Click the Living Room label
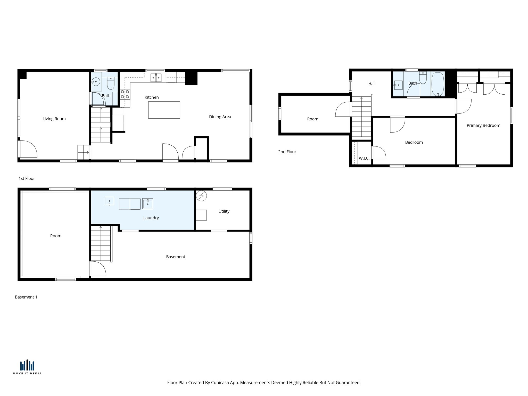pyautogui.click(x=54, y=119)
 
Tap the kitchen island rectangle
pyautogui.click(x=164, y=110)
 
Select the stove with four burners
pyautogui.click(x=125, y=94)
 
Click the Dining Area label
pyautogui.click(x=220, y=117)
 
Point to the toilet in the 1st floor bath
pyautogui.click(x=111, y=83)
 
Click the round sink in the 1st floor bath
pyautogui.click(x=96, y=82)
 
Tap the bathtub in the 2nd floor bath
pyautogui.click(x=438, y=84)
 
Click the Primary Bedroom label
pyautogui.click(x=483, y=126)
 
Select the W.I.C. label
pyautogui.click(x=364, y=158)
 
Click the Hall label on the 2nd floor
pyautogui.click(x=372, y=84)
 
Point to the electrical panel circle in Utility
pyautogui.click(x=201, y=196)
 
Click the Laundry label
pyautogui.click(x=151, y=218)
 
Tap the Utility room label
pyautogui.click(x=224, y=211)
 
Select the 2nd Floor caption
pyautogui.click(x=287, y=152)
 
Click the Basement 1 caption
pyautogui.click(x=26, y=297)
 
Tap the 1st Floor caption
pyautogui.click(x=27, y=178)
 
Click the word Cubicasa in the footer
pyautogui.click(x=220, y=383)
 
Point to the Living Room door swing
pyautogui.click(x=28, y=150)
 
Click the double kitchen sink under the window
pyautogui.click(x=156, y=78)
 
